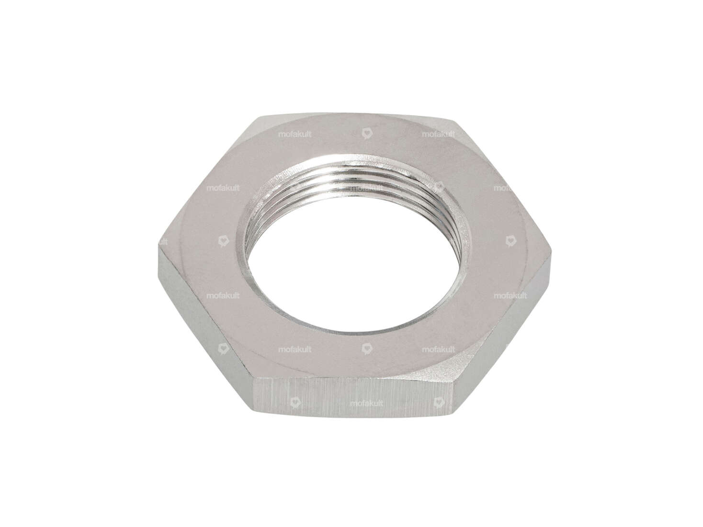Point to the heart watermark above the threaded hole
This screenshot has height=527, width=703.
[366, 135]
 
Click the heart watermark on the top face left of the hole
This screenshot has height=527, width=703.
[223, 242]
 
